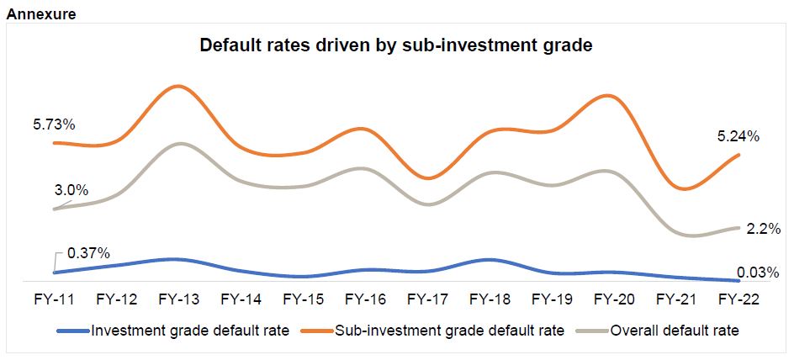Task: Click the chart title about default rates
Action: (x=396, y=45)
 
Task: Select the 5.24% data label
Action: (x=738, y=136)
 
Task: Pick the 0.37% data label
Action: (x=88, y=253)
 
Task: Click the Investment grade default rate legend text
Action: (x=190, y=331)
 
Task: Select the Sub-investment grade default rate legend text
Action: (x=449, y=331)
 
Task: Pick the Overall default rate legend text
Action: (x=675, y=331)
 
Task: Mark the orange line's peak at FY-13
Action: (x=177, y=86)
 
